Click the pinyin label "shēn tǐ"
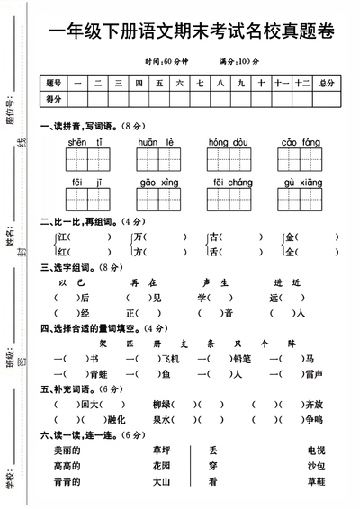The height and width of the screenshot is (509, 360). click(x=83, y=142)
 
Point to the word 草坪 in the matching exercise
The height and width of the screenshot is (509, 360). click(x=162, y=450)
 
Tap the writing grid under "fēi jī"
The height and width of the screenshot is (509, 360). click(x=83, y=198)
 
